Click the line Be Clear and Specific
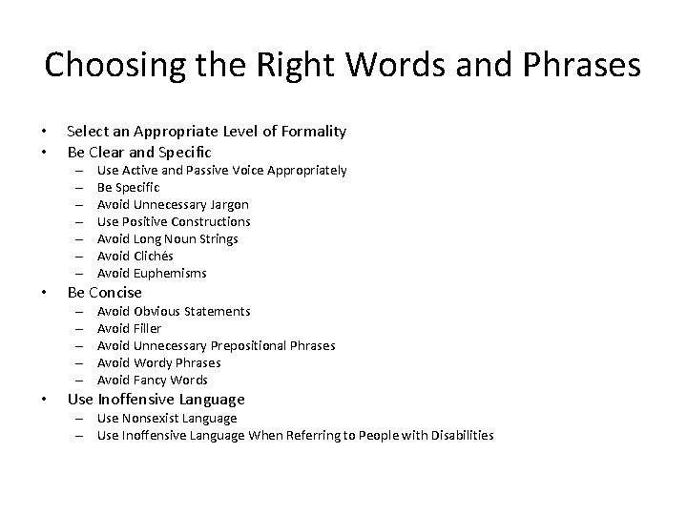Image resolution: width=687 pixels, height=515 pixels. (139, 152)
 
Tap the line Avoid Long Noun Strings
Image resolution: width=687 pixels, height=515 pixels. (168, 238)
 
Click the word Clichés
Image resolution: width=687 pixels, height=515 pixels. (153, 256)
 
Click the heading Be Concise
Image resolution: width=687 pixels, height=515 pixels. (104, 293)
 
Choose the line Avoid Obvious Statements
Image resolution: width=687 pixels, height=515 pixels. (174, 311)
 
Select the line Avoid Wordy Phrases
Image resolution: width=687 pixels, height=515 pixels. (158, 362)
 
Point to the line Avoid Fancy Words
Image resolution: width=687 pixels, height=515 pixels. (153, 380)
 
